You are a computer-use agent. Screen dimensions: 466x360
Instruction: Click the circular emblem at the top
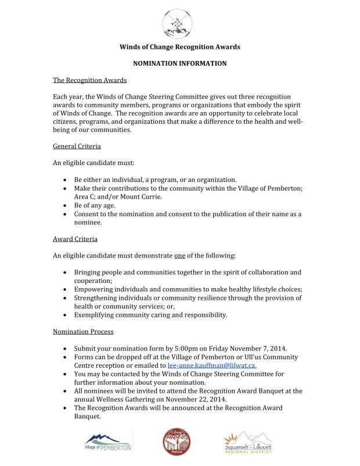click(x=180, y=21)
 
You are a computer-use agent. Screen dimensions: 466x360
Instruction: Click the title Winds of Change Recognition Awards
click(x=179, y=46)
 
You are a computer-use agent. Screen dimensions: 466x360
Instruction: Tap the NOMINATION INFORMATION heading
click(x=179, y=63)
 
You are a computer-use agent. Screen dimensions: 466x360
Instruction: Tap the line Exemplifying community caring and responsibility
click(x=150, y=315)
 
